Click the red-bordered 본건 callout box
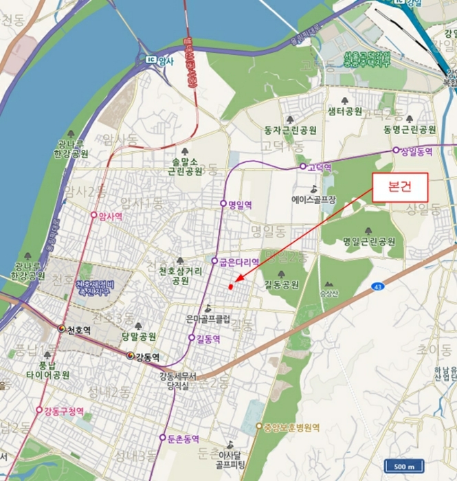pyautogui.click(x=400, y=187)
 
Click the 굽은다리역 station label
pyautogui.click(x=236, y=262)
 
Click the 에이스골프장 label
pyautogui.click(x=313, y=200)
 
